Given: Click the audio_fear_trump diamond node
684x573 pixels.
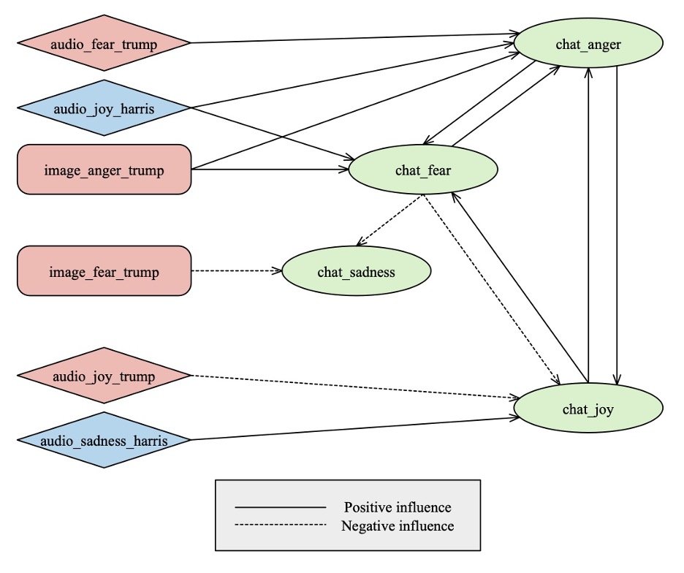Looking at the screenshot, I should tap(104, 43).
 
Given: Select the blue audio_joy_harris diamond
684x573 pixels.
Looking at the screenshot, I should tap(104, 108).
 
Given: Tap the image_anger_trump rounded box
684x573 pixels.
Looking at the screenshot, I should tap(104, 170).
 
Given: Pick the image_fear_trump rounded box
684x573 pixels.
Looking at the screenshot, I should tap(104, 271).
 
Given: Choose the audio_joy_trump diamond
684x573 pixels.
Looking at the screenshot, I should tap(104, 376).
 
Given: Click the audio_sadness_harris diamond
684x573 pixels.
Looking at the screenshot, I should tap(104, 440).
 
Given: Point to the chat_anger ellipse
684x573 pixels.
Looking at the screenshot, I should tap(588, 44).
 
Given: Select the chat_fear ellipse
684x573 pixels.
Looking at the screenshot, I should tap(423, 170).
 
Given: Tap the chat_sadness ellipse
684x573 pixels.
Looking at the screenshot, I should tap(356, 272).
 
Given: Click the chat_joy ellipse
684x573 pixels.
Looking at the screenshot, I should tap(588, 409).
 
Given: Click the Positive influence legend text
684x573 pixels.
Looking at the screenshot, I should tap(398, 506).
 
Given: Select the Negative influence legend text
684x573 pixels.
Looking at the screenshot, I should tap(398, 525).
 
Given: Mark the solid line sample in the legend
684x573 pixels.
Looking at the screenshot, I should tap(280, 506).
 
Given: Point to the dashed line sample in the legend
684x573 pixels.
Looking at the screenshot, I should tap(280, 525).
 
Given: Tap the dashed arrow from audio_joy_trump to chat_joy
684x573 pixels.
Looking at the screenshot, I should tap(351, 387).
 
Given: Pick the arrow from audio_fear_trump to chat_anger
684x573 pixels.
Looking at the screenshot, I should tap(351, 38).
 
